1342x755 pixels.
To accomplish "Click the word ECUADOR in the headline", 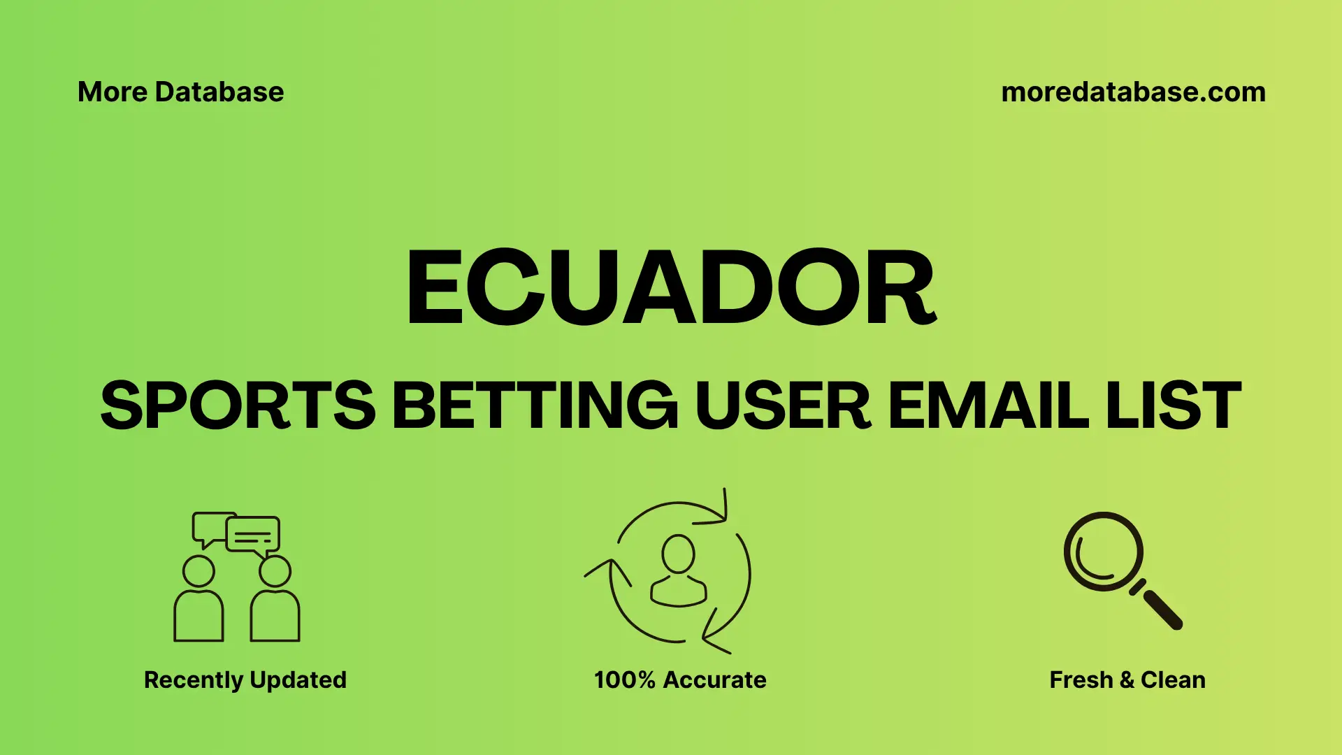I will pos(671,288).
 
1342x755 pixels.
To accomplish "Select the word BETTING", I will pos(535,405).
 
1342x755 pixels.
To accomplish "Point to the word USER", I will pos(783,405).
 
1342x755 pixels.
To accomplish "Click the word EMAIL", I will pos(988,405).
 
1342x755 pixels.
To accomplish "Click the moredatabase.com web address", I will pos(1133,92).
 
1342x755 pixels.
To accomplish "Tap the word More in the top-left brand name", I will pos(112,92).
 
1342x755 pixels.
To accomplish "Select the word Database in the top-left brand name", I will pos(219,92).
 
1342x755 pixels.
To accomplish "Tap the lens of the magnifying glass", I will pos(1103,552).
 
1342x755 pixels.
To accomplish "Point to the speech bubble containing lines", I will pos(253,535).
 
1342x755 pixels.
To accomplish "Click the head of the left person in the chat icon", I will pos(199,571).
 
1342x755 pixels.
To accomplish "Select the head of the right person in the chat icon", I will pos(275,571).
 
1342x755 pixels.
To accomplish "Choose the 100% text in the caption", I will pos(624,680).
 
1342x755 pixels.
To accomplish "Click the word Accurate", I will pos(714,680).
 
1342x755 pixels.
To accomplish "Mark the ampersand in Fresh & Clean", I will pos(1126,680).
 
